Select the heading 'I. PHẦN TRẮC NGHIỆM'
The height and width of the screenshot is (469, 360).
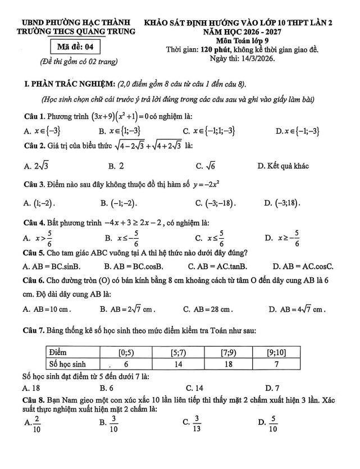pos(66,84)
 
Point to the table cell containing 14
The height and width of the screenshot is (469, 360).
pos(179,363)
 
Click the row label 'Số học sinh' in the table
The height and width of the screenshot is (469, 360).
pos(70,363)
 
